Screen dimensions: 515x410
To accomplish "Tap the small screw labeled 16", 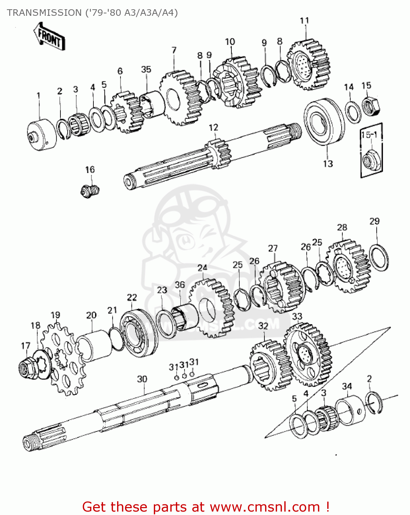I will (x=90, y=191).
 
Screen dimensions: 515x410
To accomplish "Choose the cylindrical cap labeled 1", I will (x=41, y=135).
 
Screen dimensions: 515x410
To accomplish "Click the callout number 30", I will (x=142, y=379).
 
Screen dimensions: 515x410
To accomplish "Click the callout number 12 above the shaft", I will (x=213, y=127).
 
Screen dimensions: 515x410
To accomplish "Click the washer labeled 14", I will (x=352, y=112).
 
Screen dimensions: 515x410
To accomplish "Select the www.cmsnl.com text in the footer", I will (x=265, y=507).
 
